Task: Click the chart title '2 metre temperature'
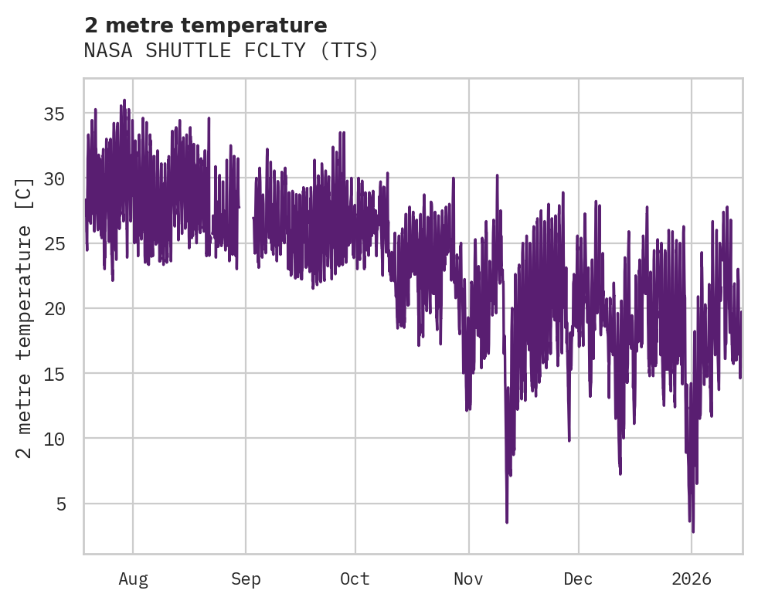[x=206, y=25]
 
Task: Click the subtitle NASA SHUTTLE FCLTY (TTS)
[x=231, y=51]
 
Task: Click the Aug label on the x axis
[x=133, y=579]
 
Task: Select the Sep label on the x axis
[x=246, y=579]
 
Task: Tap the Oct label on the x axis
[x=355, y=579]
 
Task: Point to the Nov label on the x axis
[x=468, y=579]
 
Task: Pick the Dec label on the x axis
[x=578, y=579]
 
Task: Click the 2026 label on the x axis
[x=692, y=579]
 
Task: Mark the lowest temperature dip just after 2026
[x=693, y=531]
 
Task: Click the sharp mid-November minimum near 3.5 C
[x=507, y=522]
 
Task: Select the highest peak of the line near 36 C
[x=124, y=100]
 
